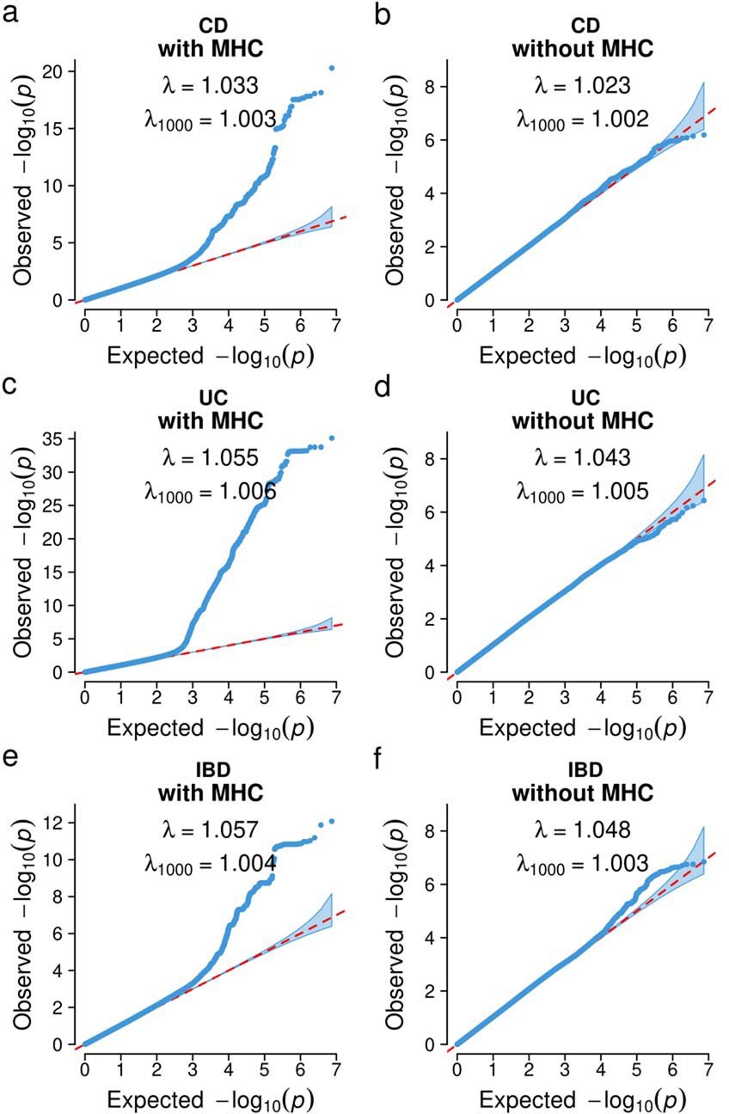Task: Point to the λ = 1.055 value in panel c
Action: point(210,458)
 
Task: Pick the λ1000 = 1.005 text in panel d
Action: point(583,492)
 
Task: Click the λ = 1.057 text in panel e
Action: point(210,829)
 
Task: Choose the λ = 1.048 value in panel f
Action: point(583,829)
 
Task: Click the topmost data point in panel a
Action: point(332,68)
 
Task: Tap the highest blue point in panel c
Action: point(332,438)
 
